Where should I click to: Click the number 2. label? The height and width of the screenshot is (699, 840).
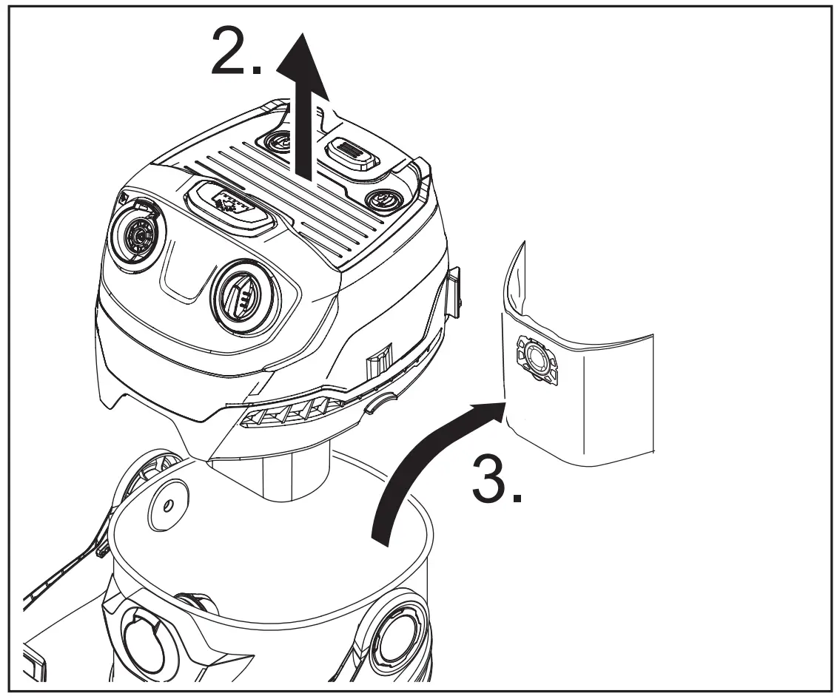pyautogui.click(x=235, y=50)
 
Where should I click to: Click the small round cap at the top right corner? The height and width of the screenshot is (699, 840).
pyautogui.click(x=383, y=200)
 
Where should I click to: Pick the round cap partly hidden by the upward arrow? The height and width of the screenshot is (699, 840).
pyautogui.click(x=283, y=140)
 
